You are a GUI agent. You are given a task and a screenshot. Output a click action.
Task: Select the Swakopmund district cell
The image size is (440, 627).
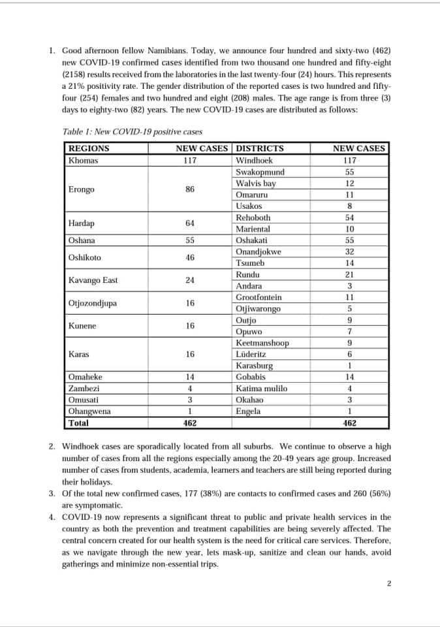point(260,172)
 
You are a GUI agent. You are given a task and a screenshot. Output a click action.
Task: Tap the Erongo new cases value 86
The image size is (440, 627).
point(190,189)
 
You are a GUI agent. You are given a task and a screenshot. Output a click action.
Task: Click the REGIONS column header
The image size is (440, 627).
point(89,148)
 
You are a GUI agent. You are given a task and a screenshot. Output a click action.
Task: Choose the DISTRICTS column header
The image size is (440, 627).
point(259,148)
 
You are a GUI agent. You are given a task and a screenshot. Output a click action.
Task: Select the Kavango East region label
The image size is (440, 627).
point(93,280)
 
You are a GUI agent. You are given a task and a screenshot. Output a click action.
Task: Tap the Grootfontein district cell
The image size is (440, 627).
point(259,297)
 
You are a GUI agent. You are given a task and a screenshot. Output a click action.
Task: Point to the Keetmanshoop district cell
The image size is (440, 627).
point(262,343)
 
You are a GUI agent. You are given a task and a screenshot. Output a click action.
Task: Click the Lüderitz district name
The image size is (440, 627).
point(251,354)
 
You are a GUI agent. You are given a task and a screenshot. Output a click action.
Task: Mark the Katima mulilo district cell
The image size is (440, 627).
point(261,389)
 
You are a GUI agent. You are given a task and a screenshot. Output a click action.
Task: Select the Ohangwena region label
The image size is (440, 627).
point(89,411)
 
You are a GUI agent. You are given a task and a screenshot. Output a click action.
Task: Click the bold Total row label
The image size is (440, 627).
point(79,423)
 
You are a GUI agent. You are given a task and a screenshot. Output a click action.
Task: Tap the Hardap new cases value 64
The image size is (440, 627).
point(190,223)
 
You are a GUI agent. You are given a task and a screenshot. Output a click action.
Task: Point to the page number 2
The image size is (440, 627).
point(388,583)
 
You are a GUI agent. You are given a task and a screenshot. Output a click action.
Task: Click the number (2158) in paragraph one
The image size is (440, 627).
point(75,74)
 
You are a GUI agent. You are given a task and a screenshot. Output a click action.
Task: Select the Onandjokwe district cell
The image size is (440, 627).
point(259,251)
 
